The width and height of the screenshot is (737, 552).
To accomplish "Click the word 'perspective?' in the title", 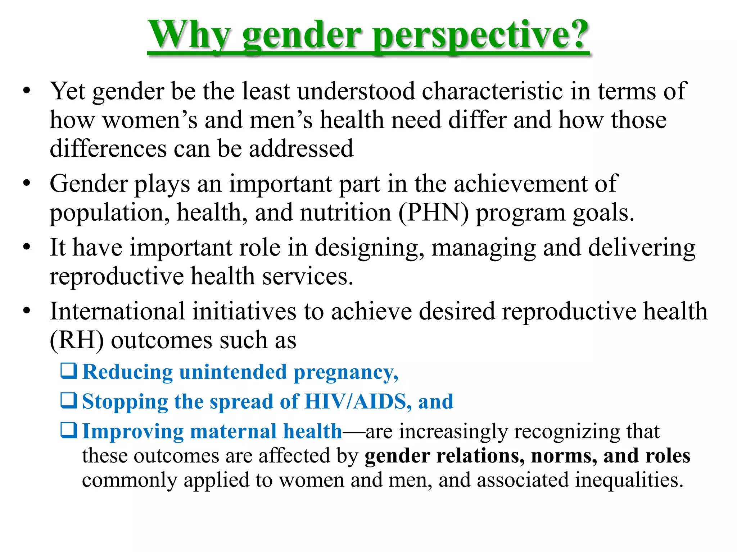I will click(480, 35).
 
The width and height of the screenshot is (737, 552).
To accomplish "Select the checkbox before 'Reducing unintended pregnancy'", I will click(68, 371).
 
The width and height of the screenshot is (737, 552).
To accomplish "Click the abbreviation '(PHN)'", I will click(433, 213).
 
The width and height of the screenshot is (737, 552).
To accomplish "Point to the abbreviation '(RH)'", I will click(77, 340).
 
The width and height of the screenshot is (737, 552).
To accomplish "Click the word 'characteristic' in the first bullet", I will click(492, 91).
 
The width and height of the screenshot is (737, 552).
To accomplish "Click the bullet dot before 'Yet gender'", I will click(26, 91).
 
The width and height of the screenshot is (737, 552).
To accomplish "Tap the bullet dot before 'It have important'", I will click(26, 248).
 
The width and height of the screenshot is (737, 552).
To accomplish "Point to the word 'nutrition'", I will click(345, 213).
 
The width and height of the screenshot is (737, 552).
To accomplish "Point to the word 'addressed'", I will click(301, 149).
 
